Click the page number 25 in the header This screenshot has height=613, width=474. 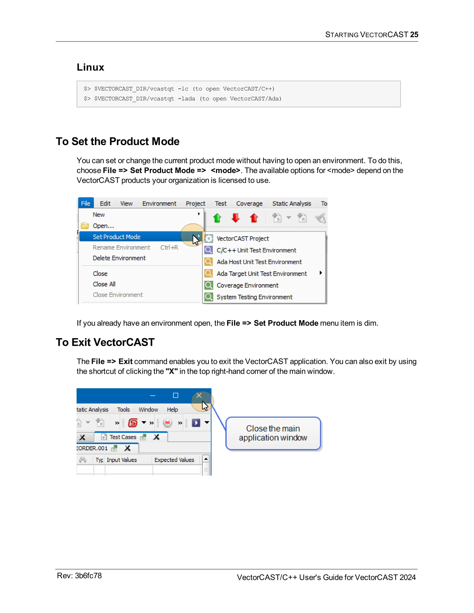point(414,34)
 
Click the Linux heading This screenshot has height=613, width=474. point(90,67)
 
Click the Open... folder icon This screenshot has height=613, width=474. point(85,226)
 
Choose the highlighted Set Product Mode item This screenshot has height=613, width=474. point(117,237)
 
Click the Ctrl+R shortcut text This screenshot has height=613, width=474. point(169,247)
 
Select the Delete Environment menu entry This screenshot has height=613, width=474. point(119,258)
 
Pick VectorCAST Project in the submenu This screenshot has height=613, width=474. point(243,238)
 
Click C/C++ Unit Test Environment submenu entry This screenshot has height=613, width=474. point(256,250)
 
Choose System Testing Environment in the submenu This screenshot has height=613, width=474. point(254,297)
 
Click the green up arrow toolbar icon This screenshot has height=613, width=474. point(217,218)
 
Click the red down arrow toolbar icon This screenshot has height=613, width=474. point(235,218)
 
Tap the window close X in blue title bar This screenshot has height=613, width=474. point(199,396)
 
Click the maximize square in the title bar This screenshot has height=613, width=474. point(175,396)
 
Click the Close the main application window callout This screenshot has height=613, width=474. point(273,433)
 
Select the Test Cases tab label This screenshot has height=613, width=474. point(123,437)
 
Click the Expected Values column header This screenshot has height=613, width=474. point(174,460)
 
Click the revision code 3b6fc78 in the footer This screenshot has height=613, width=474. point(88,576)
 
